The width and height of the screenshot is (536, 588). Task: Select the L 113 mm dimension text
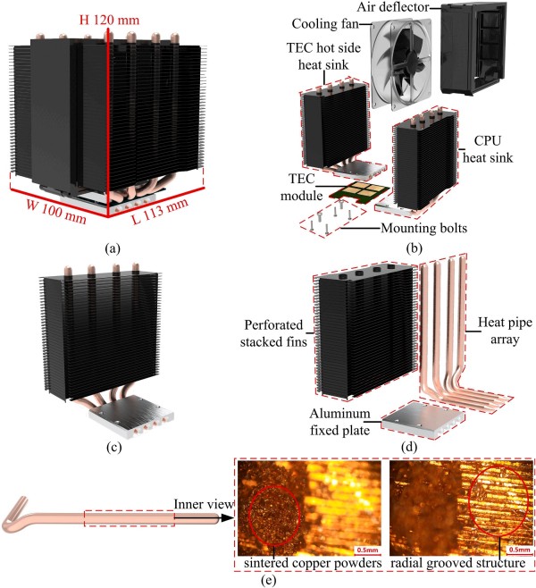[x=175, y=214]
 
